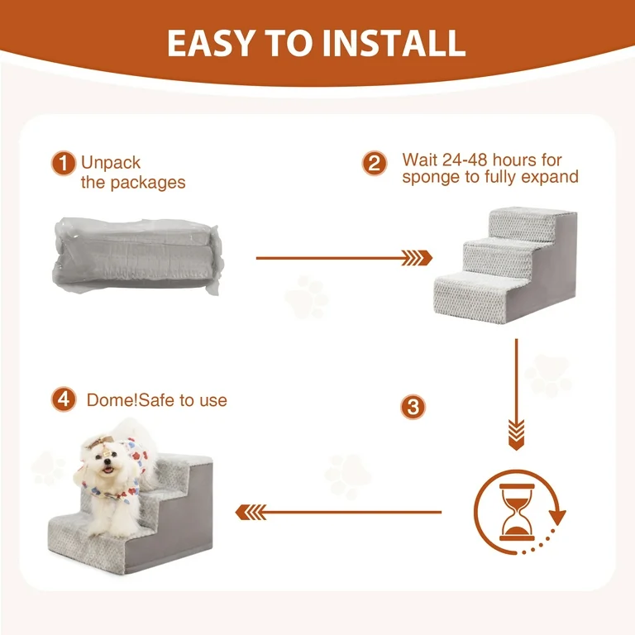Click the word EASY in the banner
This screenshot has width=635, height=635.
(211, 43)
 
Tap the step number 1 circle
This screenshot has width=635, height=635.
(63, 163)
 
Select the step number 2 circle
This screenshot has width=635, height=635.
(375, 163)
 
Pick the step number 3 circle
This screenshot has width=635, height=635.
(413, 407)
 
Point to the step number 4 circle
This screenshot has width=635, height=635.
(64, 399)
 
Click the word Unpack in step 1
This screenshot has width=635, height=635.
(111, 163)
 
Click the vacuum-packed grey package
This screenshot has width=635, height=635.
(138, 255)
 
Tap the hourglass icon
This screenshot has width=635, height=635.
(517, 512)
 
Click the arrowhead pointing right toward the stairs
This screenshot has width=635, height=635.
(417, 258)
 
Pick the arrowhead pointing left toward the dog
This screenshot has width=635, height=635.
(251, 513)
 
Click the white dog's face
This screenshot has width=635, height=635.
(106, 461)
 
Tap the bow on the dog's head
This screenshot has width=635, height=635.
(98, 442)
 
